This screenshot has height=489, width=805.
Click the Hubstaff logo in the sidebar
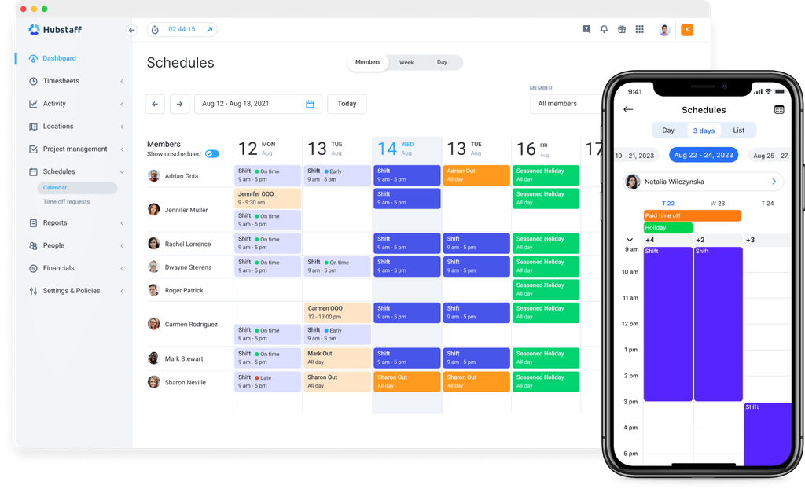pos(55,30)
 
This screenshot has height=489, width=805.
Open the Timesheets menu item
pos(61,81)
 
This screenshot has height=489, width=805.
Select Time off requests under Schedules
pos(66,202)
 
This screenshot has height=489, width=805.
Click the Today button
pos(347,104)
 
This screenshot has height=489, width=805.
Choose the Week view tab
pos(406,63)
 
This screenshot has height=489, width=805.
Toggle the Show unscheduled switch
pos(212,154)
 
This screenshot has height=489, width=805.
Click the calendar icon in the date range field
pos(310,104)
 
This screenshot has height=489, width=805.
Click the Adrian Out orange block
pos(476,175)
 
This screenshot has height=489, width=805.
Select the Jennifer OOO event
pos(267,198)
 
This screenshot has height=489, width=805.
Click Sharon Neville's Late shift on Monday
pos(267,381)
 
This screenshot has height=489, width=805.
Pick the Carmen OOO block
pos(337,312)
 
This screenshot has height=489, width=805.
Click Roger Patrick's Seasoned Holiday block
pos(546,289)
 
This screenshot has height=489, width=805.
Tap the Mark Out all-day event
pos(337,358)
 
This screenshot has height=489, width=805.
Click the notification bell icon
pos(605,29)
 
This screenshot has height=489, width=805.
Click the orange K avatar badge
pos(687,30)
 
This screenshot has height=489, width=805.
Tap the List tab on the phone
pos(739,131)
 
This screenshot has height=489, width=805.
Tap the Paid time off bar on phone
pos(692,215)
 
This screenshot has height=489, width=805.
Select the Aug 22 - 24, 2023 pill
pos(704,155)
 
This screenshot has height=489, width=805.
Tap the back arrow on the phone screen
pos(628,109)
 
